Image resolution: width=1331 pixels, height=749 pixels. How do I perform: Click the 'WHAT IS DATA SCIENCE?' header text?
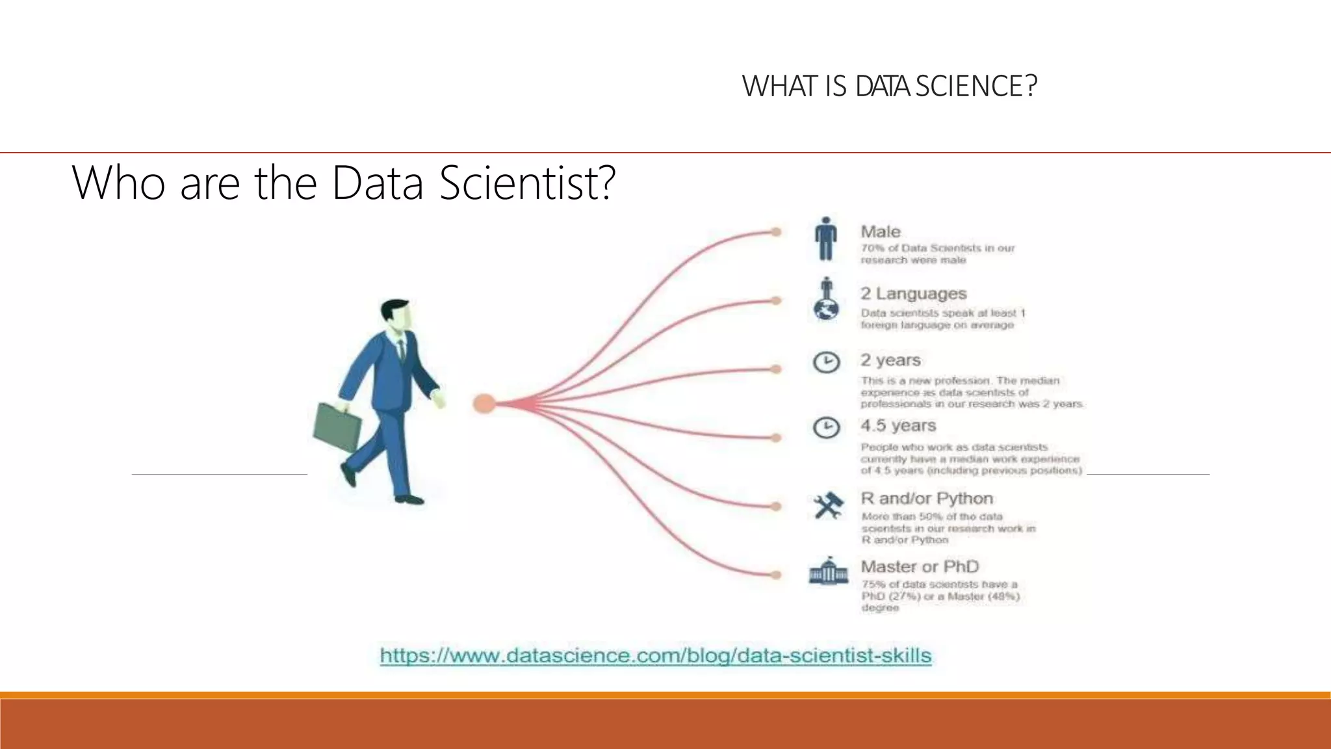pos(889,86)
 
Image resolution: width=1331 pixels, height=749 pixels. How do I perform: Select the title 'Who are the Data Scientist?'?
pos(343,183)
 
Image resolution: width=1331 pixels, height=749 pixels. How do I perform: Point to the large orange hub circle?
pos(484,404)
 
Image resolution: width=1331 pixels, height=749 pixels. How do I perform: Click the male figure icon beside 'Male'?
pos(825,239)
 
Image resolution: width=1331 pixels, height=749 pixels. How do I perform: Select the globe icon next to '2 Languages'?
pos(826,309)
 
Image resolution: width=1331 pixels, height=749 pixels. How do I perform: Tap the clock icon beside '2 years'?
pos(826,362)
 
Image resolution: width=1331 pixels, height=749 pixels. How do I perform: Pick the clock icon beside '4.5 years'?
pos(826,427)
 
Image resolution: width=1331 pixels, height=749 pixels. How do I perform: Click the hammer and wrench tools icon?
pos(828,505)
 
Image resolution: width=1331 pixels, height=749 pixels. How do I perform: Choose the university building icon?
pos(828,571)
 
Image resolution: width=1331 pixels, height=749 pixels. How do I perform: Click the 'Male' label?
pos(881,231)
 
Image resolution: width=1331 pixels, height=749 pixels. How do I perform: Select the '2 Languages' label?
pos(913,293)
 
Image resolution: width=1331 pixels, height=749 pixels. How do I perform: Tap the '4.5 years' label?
pos(898,425)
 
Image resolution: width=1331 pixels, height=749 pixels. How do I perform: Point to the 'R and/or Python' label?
pos(927,498)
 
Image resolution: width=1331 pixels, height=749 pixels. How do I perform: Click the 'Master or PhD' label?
pos(920,566)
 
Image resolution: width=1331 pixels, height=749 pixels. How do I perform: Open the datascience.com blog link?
pos(655,655)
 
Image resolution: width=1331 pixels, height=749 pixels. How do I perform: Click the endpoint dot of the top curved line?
pos(775,231)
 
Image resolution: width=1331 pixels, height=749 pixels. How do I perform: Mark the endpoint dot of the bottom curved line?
pos(775,575)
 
